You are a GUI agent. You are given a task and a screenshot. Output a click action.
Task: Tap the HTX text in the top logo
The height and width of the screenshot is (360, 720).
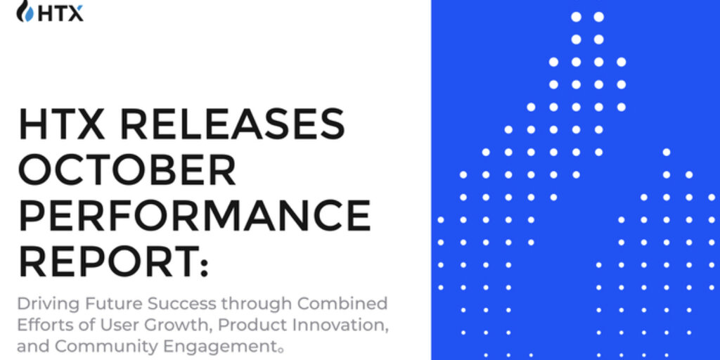click(60, 14)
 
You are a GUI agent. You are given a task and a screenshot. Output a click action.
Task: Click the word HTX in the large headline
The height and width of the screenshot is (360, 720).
click(62, 124)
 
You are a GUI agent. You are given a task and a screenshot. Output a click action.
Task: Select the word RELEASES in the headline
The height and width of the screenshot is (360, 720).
click(232, 124)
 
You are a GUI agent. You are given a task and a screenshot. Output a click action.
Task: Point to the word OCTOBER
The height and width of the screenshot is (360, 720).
click(127, 169)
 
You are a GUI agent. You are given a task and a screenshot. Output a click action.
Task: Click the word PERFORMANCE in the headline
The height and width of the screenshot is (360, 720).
click(194, 214)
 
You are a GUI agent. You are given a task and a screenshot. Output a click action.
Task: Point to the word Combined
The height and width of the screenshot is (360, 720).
click(342, 304)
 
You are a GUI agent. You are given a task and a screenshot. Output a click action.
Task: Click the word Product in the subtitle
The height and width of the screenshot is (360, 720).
click(249, 325)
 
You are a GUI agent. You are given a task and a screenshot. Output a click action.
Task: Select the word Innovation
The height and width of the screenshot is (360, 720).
click(335, 325)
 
